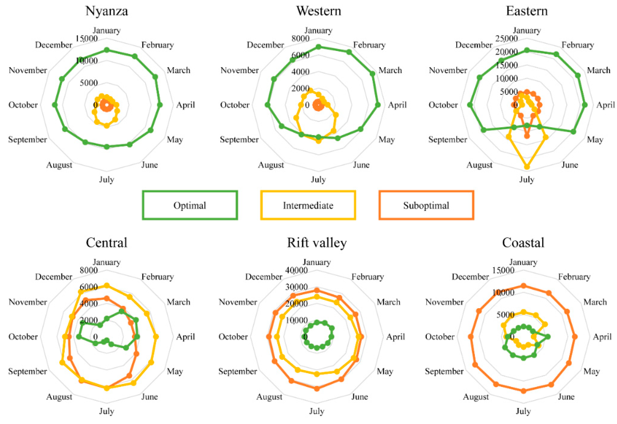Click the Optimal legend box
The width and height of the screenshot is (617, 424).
pos(190,205)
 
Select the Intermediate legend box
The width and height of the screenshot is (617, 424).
pos(308,205)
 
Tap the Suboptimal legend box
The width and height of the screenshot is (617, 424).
pos(426,205)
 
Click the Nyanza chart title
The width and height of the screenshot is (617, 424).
pos(107,11)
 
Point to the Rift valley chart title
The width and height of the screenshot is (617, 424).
pos(317,243)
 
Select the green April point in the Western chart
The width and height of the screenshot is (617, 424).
pos(378,105)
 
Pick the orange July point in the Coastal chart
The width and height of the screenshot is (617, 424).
pos(524,391)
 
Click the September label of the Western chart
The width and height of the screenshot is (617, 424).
pos(239,140)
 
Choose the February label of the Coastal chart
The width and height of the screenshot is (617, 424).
pos(574,277)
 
